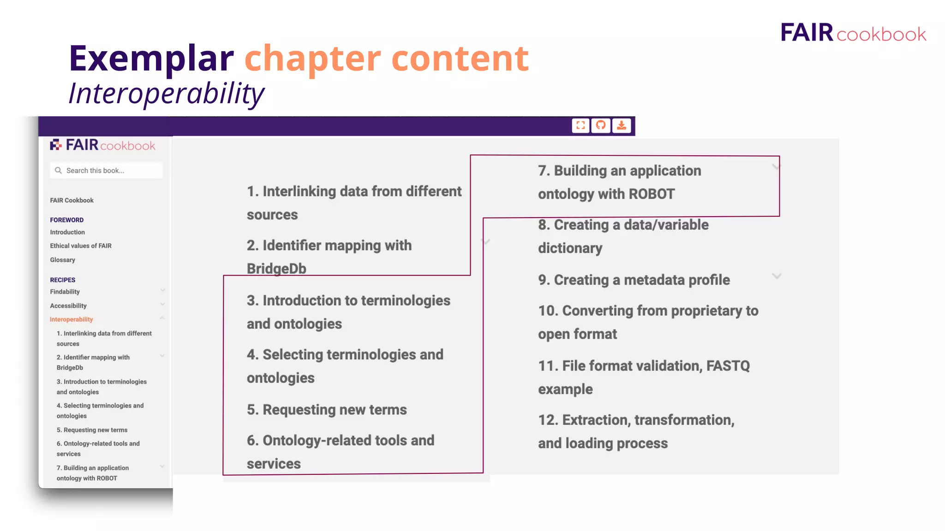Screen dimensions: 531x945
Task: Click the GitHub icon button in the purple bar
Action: (601, 125)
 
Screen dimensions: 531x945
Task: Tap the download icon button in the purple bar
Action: (622, 125)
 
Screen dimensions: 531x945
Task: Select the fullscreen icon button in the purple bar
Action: (580, 125)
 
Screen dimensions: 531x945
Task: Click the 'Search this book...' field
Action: (106, 171)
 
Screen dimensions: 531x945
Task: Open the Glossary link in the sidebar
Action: (63, 260)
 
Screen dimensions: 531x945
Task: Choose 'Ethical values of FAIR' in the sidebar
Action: (81, 246)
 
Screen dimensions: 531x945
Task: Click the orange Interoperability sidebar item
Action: (72, 319)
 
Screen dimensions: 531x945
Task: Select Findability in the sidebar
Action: (65, 292)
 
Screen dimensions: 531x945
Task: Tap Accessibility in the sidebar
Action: (68, 306)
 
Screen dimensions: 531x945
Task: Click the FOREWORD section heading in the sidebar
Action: (67, 220)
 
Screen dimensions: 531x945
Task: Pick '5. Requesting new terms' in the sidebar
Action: (92, 430)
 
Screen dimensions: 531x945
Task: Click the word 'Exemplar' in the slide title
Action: (151, 59)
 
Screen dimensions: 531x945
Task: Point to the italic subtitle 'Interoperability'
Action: (167, 94)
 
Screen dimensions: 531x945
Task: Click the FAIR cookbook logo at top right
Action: (853, 33)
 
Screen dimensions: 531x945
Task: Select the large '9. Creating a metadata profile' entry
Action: (634, 280)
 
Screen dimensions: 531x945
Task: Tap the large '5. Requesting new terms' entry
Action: (327, 410)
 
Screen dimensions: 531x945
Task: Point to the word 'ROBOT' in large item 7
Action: (652, 194)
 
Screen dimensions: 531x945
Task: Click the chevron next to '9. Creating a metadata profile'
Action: (777, 276)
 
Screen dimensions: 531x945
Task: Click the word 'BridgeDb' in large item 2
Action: (276, 269)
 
